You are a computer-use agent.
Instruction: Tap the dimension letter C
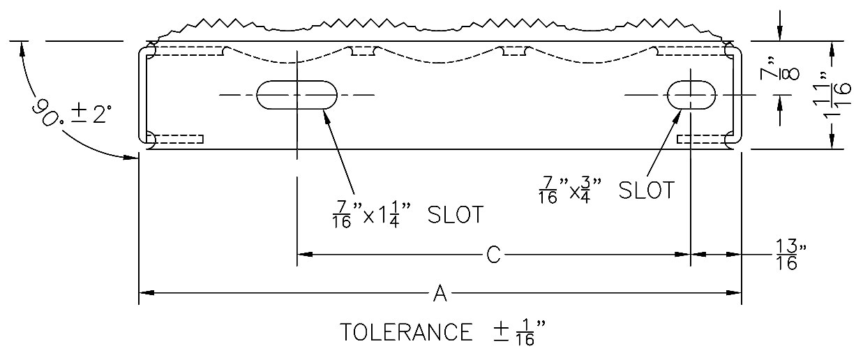click(x=493, y=255)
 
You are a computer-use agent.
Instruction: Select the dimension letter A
click(x=440, y=293)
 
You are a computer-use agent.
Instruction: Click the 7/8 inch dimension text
click(x=779, y=74)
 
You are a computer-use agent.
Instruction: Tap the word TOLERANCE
click(x=407, y=332)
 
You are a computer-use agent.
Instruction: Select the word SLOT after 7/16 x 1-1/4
click(x=456, y=215)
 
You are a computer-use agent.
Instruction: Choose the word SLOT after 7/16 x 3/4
click(x=647, y=190)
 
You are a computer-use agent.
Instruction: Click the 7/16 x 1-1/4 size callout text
click(x=372, y=215)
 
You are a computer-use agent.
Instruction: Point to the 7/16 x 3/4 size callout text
click(x=570, y=190)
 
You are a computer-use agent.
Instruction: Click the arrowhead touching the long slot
click(x=327, y=116)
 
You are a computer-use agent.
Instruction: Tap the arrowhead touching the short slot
click(x=677, y=116)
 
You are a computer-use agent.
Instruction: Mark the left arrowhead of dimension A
click(x=147, y=293)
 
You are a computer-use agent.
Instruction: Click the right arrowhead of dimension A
click(x=734, y=293)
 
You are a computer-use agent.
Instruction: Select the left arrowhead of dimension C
click(x=305, y=255)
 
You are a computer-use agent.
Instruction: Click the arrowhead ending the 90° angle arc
click(x=130, y=157)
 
